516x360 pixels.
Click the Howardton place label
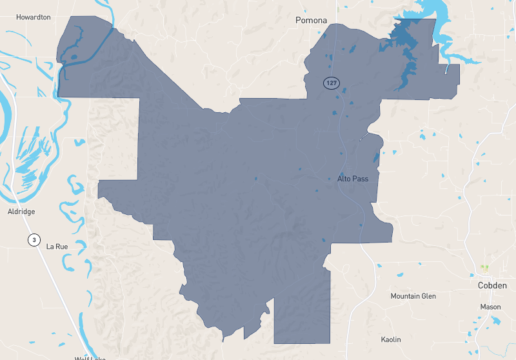tap(34, 17)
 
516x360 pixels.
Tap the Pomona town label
tap(311, 21)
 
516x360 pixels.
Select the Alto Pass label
tap(353, 179)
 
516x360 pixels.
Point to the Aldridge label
tap(21, 212)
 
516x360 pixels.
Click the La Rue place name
tap(57, 246)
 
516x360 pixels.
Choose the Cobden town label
tap(492, 285)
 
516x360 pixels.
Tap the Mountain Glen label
tap(413, 296)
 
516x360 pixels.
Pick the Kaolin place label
tap(390, 339)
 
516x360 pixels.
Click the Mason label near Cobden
tap(490, 307)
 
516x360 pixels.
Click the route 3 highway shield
tap(33, 240)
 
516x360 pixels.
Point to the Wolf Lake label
tap(90, 357)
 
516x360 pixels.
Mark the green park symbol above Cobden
tap(484, 267)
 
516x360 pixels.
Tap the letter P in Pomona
tap(299, 21)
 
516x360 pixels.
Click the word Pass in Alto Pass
tap(361, 179)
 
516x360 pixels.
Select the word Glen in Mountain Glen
tap(428, 296)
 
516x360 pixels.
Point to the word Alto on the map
tap(344, 179)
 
